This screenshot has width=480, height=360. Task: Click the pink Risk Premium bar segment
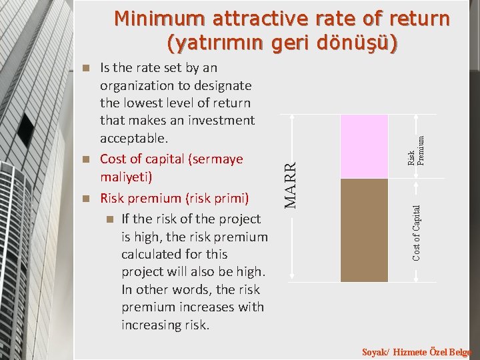coord(363,147)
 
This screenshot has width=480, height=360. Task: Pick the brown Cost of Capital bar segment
coord(363,230)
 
